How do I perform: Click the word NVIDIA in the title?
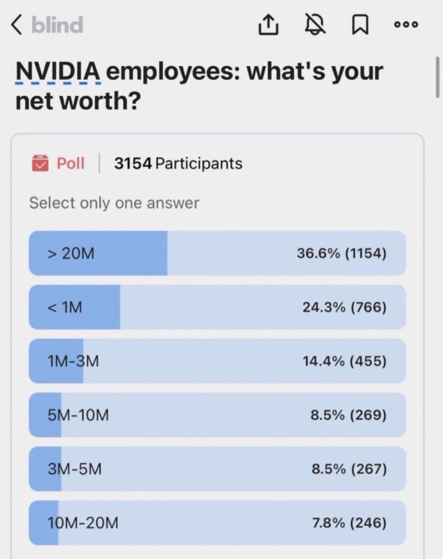coord(58,72)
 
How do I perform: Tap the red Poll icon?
coord(40,164)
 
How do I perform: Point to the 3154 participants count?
coord(178,164)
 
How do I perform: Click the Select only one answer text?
coord(114,203)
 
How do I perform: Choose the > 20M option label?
coord(71,253)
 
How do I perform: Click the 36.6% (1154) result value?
coord(341,253)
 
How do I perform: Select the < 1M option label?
coord(65,307)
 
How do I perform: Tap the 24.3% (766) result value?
coord(344,307)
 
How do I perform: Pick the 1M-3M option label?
coord(73,361)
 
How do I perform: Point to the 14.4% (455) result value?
coord(344,361)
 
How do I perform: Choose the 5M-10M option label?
coord(78,415)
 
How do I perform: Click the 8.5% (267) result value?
coord(349,469)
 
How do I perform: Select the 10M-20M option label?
coord(83,523)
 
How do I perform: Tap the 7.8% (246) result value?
coord(349,523)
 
